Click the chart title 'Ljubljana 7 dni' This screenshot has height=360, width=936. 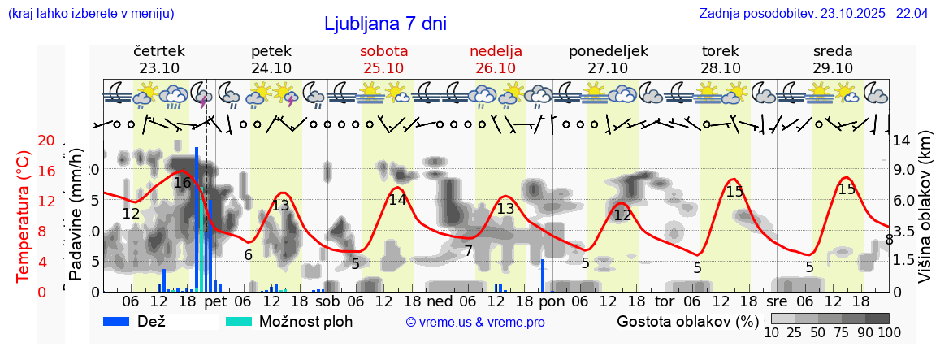(x=384, y=24)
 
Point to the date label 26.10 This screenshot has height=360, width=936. (x=496, y=68)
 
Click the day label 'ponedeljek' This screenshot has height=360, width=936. (x=608, y=51)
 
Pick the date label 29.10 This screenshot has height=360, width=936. (x=833, y=68)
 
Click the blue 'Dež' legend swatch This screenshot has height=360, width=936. (x=122, y=321)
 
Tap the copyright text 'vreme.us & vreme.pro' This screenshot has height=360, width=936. (x=475, y=323)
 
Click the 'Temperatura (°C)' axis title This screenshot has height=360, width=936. (x=24, y=215)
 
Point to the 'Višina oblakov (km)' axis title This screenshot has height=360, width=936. (x=924, y=215)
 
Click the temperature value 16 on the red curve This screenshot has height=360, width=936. (x=182, y=183)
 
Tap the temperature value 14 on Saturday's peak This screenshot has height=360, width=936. (x=397, y=200)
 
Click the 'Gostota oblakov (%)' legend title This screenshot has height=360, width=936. (x=687, y=321)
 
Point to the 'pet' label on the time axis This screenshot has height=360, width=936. (x=215, y=301)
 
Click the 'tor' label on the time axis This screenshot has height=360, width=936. (x=665, y=301)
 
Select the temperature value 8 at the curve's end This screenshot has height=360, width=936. (x=889, y=239)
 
